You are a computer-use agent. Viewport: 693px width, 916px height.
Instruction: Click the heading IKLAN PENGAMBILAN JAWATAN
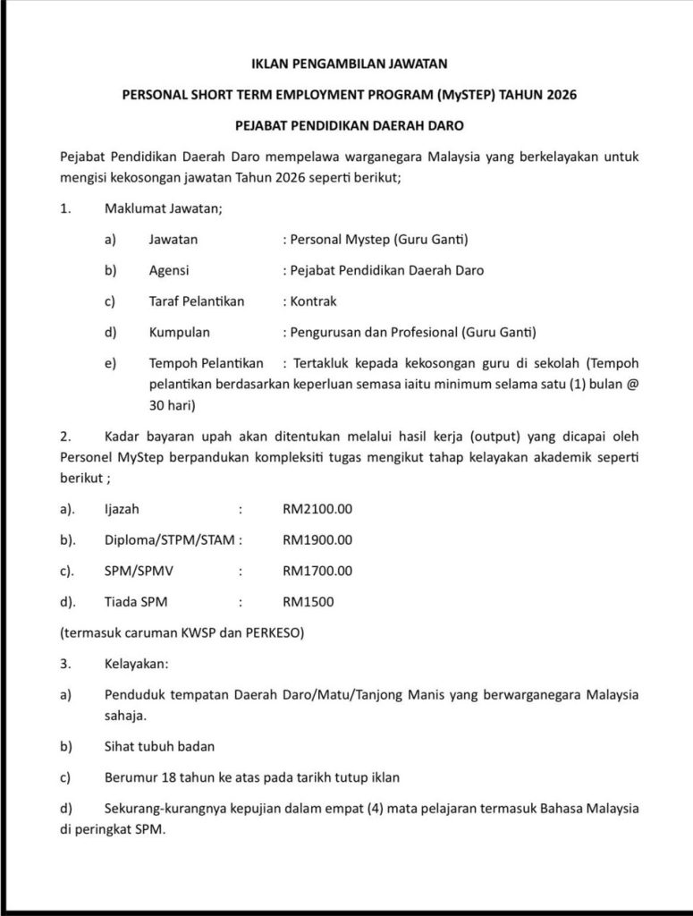pyautogui.click(x=346, y=64)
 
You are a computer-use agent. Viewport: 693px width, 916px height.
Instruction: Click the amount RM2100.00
pyautogui.click(x=317, y=509)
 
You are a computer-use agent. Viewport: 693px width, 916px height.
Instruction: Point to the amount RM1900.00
pyautogui.click(x=317, y=539)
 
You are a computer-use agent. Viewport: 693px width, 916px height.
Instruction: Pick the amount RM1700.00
pyautogui.click(x=317, y=571)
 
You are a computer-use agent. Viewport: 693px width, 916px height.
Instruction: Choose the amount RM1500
pyautogui.click(x=308, y=601)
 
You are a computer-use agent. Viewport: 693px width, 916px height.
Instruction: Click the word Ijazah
pyautogui.click(x=122, y=509)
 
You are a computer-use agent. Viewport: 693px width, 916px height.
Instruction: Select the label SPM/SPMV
pyautogui.click(x=136, y=571)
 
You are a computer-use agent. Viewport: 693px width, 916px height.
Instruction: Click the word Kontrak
pyautogui.click(x=308, y=301)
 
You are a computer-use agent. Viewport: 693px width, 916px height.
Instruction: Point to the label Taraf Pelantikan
pyautogui.click(x=197, y=301)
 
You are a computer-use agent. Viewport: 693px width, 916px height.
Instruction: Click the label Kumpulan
pyautogui.click(x=179, y=332)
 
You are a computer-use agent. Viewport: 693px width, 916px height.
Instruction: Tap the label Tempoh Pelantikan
pyautogui.click(x=207, y=363)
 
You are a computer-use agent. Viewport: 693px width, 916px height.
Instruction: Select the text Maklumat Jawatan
pyautogui.click(x=163, y=209)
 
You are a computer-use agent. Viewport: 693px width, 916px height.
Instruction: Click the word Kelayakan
pyautogui.click(x=135, y=664)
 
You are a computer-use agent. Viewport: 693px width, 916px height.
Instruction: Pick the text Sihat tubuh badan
pyautogui.click(x=159, y=745)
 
